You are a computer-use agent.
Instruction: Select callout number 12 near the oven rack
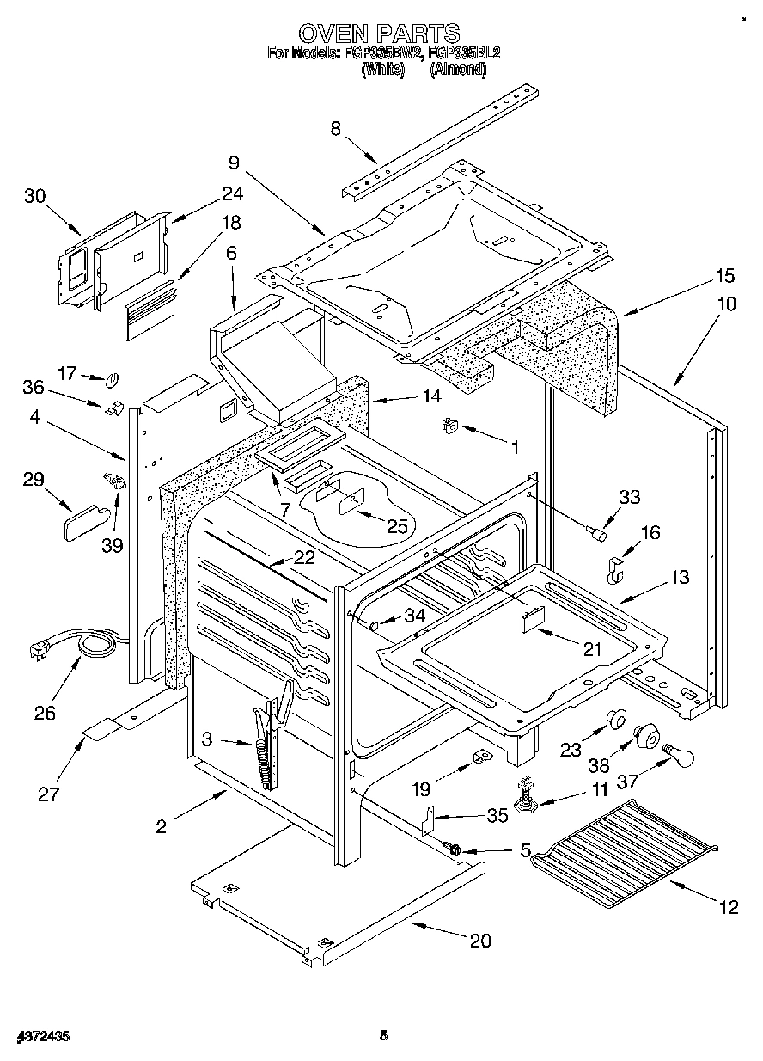pyautogui.click(x=728, y=907)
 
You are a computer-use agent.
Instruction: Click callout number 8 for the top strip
pyautogui.click(x=335, y=129)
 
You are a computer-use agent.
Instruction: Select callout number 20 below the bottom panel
pyautogui.click(x=480, y=941)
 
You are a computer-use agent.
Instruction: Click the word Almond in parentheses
pyautogui.click(x=458, y=70)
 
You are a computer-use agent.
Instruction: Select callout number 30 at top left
pyautogui.click(x=34, y=196)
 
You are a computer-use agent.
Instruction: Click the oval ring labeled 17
pyautogui.click(x=113, y=378)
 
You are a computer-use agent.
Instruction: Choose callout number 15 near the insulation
pyautogui.click(x=725, y=276)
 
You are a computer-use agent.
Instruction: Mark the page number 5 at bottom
pyautogui.click(x=384, y=1037)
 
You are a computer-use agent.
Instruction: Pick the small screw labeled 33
pyautogui.click(x=595, y=536)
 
